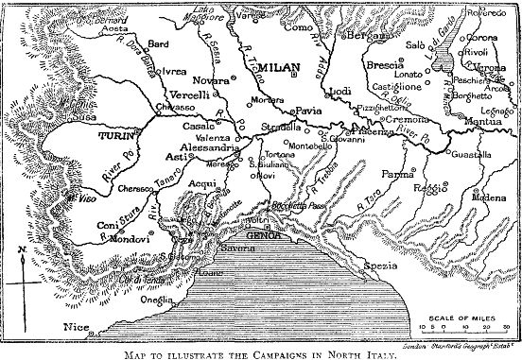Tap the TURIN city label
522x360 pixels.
tap(117, 137)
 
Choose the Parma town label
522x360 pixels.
tap(398, 176)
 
